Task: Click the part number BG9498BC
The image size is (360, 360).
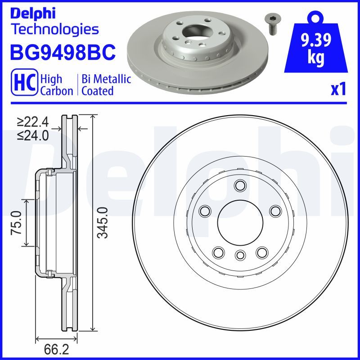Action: [x=63, y=52]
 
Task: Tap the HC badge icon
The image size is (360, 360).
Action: [x=25, y=82]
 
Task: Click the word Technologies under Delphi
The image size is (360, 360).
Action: [x=55, y=29]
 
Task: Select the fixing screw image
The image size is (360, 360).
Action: [x=272, y=24]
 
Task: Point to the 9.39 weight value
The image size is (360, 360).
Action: [x=316, y=40]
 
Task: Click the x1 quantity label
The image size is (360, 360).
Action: [x=338, y=89]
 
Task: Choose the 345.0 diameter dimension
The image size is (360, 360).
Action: [x=103, y=222]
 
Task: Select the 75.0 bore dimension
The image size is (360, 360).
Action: [x=16, y=223]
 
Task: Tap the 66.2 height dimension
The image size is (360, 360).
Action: [x=57, y=350]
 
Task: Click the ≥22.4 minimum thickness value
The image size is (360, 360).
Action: [x=33, y=122]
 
